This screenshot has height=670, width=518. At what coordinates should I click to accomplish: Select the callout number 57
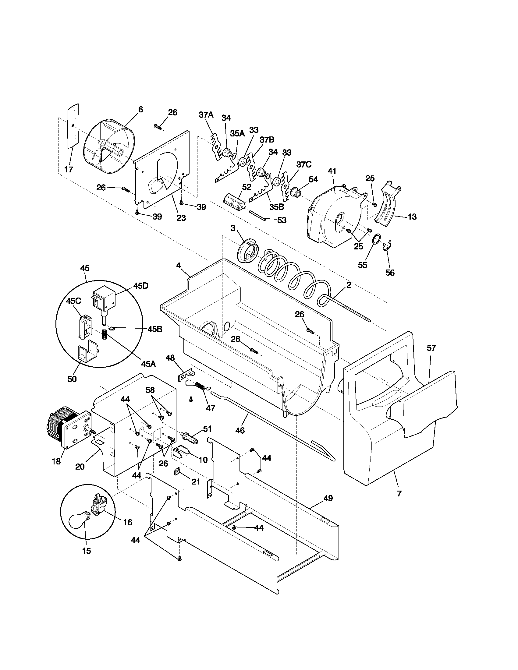431,348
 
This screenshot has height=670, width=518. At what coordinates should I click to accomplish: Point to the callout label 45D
140,286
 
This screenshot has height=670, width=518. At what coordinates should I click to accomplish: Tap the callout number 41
332,171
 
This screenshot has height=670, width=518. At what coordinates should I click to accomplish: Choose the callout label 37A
206,115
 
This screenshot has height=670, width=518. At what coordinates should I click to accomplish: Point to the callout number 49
328,499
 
